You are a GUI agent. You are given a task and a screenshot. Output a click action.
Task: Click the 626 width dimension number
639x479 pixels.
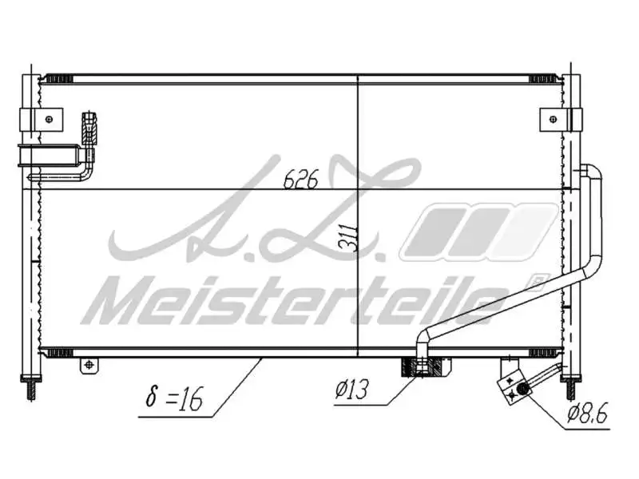coord(300,180)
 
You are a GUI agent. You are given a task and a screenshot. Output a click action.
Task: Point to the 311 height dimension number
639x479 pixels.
coord(350,236)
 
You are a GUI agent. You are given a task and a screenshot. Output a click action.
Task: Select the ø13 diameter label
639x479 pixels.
coord(352,391)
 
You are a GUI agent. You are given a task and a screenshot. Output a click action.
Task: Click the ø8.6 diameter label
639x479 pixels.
coord(589,414)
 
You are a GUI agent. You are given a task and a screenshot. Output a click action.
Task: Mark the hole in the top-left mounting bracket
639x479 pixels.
coord(49,120)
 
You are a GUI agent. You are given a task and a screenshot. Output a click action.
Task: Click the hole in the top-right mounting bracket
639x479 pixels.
coord(552,120)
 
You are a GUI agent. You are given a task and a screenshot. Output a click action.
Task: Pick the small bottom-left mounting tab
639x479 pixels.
coord(89,366)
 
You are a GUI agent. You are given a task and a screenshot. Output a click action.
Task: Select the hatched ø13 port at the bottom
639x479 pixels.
coord(422,368)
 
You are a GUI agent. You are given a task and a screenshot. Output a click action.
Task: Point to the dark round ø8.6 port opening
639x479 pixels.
coord(522,389)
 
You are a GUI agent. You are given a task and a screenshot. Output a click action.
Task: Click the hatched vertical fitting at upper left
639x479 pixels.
coord(88,127)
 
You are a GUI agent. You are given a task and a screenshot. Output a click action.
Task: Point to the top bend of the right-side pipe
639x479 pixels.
coord(593,170)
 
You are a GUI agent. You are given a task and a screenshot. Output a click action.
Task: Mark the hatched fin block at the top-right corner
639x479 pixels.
coord(546,78)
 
